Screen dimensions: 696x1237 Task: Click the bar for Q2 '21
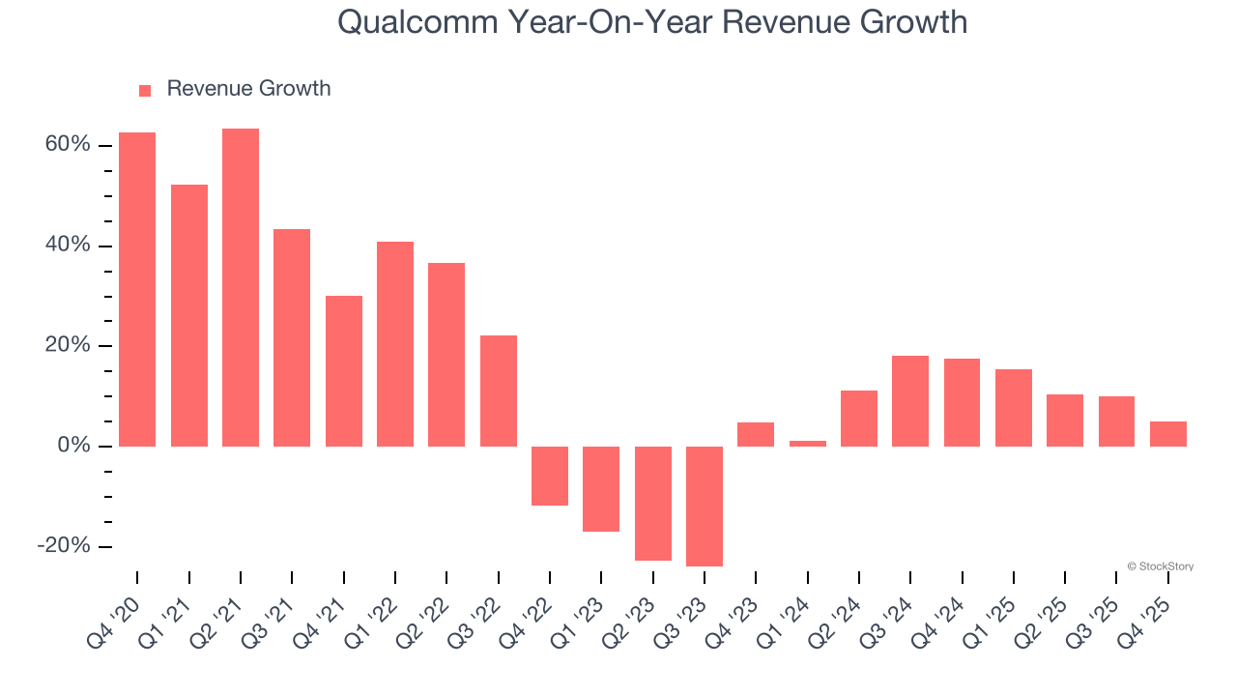pyautogui.click(x=241, y=287)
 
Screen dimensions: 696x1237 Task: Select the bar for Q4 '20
pyautogui.click(x=137, y=289)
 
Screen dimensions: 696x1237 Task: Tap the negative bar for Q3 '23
pyautogui.click(x=705, y=506)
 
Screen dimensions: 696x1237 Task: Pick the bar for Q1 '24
pyautogui.click(x=808, y=444)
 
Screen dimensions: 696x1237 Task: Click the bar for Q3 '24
pyautogui.click(x=910, y=401)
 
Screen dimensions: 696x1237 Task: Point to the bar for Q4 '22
pyautogui.click(x=550, y=476)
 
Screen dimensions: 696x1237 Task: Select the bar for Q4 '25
pyautogui.click(x=1168, y=434)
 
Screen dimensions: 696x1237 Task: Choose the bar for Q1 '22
pyautogui.click(x=395, y=344)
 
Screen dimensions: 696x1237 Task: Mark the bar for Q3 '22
pyautogui.click(x=499, y=391)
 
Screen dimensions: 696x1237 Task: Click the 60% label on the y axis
pyautogui.click(x=67, y=145)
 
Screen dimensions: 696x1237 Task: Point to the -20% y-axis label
pyautogui.click(x=64, y=546)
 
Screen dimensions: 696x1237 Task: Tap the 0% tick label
pyautogui.click(x=73, y=446)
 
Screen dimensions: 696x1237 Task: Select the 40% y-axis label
pyautogui.click(x=67, y=246)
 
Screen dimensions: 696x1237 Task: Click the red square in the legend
pyautogui.click(x=145, y=91)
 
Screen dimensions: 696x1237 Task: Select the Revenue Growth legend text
pyautogui.click(x=248, y=89)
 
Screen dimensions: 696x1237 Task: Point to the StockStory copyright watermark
pyautogui.click(x=1160, y=566)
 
